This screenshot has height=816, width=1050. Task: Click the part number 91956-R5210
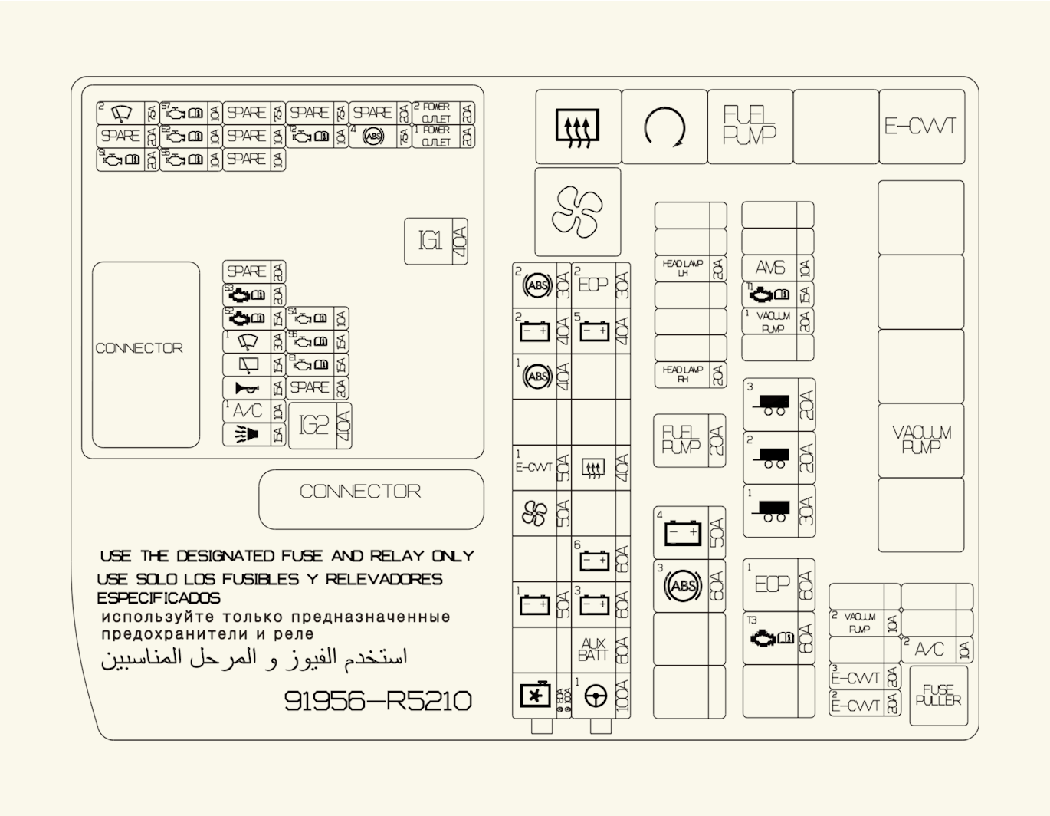[378, 701]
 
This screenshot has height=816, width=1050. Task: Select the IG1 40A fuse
[436, 242]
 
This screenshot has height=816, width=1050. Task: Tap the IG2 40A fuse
[320, 425]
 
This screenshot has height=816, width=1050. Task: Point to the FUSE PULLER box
[938, 696]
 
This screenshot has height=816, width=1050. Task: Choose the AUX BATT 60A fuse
[601, 650]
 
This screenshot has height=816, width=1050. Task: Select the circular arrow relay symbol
[664, 127]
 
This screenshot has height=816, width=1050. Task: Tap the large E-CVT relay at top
[921, 127]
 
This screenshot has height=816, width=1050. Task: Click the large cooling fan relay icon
[577, 212]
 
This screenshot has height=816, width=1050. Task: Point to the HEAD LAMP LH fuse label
[682, 268]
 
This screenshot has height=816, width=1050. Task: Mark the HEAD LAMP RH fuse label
[682, 374]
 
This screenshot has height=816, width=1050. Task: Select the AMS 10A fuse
[769, 268]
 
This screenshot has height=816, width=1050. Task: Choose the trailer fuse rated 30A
[779, 511]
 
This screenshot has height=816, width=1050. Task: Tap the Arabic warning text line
[254, 658]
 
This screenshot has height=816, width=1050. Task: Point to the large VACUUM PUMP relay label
[920, 440]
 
